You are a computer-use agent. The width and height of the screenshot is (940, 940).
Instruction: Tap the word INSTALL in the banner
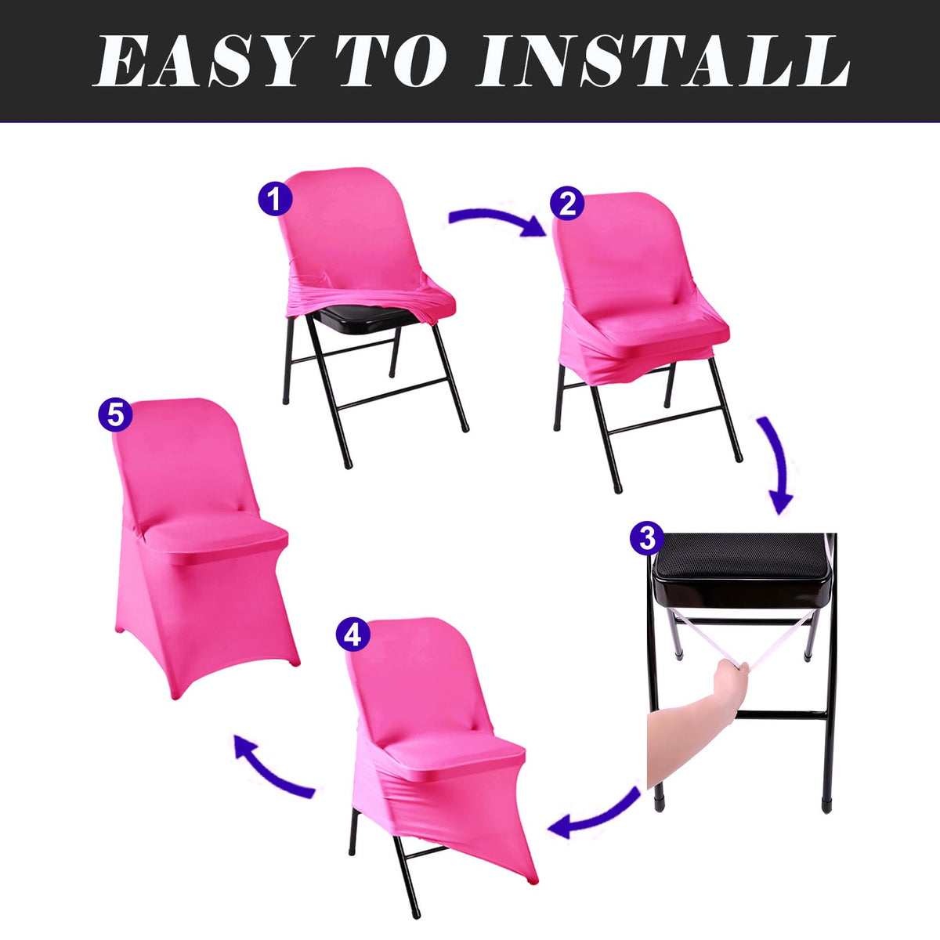tap(663, 61)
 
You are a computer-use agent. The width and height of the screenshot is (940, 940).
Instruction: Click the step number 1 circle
tap(275, 199)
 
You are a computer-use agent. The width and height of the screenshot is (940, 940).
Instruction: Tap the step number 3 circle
tap(647, 539)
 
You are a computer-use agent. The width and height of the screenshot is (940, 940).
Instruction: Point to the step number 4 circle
tap(352, 634)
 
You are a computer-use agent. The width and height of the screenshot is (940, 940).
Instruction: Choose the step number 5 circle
tap(115, 414)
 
